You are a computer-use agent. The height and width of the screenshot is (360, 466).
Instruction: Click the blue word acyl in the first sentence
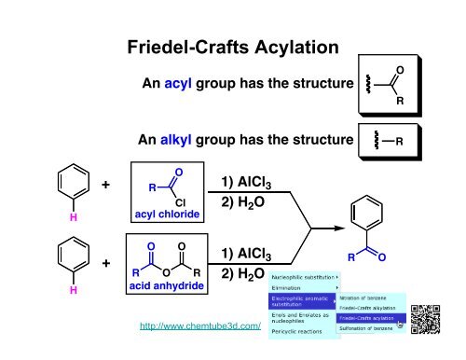180,84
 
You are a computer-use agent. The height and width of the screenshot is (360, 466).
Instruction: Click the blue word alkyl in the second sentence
183,142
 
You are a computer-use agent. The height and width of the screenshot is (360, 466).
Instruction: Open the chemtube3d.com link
198,327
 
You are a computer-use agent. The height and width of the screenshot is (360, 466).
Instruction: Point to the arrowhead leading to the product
335,225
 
